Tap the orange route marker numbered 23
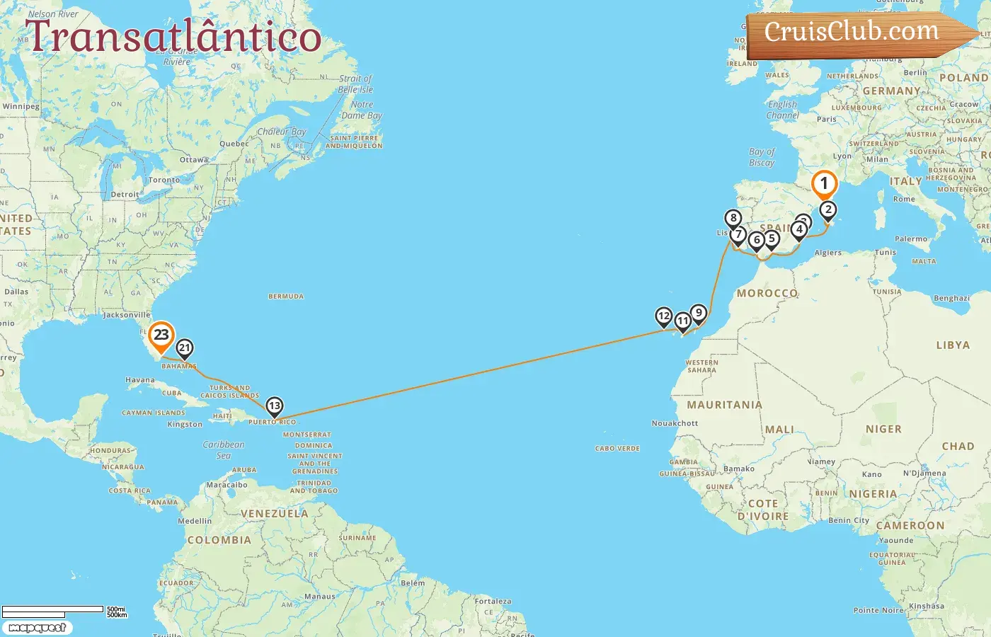click(161, 335)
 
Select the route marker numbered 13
click(274, 406)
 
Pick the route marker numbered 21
click(185, 348)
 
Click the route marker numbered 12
click(663, 316)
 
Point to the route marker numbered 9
click(699, 313)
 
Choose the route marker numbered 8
click(733, 218)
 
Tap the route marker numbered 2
click(827, 210)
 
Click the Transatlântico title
click(173, 36)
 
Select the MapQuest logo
click(38, 628)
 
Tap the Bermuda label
click(286, 297)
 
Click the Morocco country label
click(767, 293)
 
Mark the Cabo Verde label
click(617, 449)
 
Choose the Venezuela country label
click(275, 514)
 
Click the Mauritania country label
click(724, 405)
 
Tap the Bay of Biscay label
click(762, 157)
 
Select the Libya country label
click(953, 345)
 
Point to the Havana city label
click(140, 380)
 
